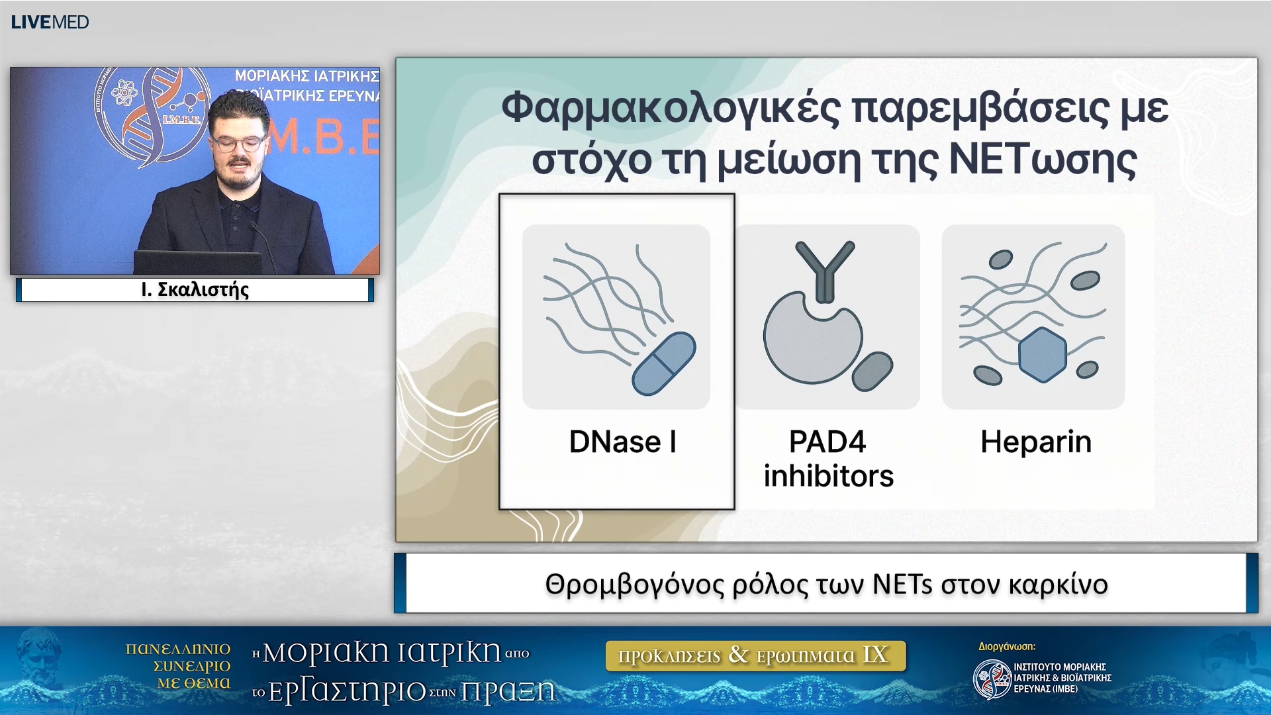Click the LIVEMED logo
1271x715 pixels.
pyautogui.click(x=50, y=22)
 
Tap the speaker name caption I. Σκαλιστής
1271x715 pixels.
pyautogui.click(x=195, y=290)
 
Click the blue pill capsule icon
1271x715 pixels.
pyautogui.click(x=664, y=363)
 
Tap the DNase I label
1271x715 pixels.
pyautogui.click(x=622, y=442)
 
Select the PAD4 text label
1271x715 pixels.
pyautogui.click(x=827, y=442)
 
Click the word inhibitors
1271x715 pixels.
pyautogui.click(x=828, y=477)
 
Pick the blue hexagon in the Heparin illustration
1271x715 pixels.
pyautogui.click(x=1042, y=355)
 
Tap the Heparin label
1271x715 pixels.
pyautogui.click(x=1035, y=442)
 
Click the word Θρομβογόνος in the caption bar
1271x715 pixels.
pyautogui.click(x=634, y=585)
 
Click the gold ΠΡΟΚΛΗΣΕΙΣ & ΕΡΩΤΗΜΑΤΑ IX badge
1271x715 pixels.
pyautogui.click(x=755, y=655)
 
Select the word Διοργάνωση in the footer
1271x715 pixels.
pyautogui.click(x=1006, y=647)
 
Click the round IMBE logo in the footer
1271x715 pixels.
pyautogui.click(x=992, y=679)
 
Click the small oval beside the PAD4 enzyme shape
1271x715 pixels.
pyautogui.click(x=872, y=371)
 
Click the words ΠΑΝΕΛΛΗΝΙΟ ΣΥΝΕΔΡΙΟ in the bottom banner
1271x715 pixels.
pyautogui.click(x=179, y=657)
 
